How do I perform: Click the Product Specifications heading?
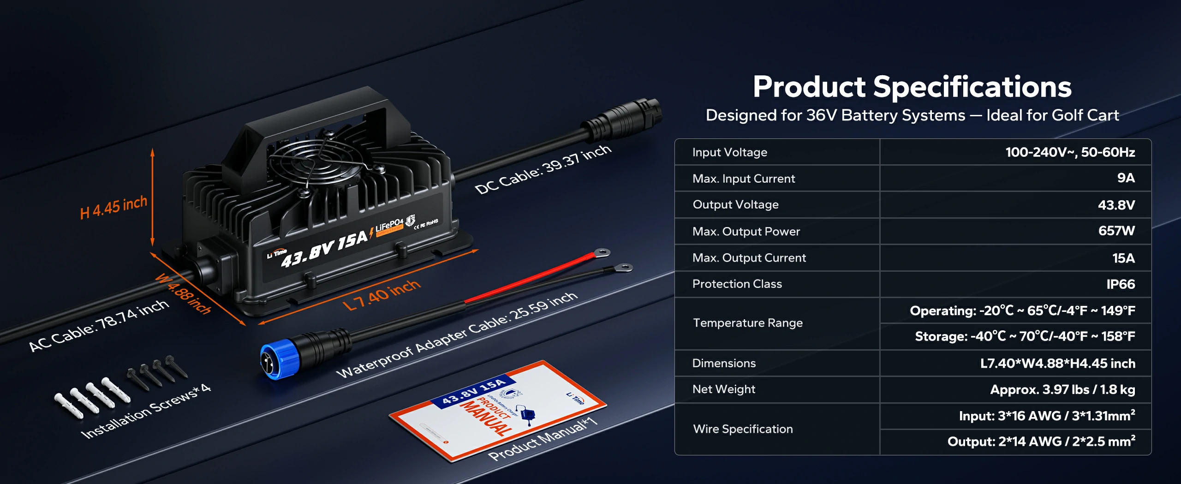coord(912,87)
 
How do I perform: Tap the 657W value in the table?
coord(1116,231)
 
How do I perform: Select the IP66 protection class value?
coord(1120,284)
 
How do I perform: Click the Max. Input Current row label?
coord(744,179)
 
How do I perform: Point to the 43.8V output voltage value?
coord(1116,205)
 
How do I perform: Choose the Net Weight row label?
coord(723,389)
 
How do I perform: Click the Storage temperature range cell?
coord(1025,336)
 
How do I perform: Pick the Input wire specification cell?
coord(1047,416)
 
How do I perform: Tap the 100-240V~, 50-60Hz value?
coord(1070,152)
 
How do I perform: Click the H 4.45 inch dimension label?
coord(113,207)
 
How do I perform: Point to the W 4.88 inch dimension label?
coord(183,293)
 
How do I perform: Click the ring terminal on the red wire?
coord(601,252)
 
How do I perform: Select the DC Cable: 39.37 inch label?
coord(543,169)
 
